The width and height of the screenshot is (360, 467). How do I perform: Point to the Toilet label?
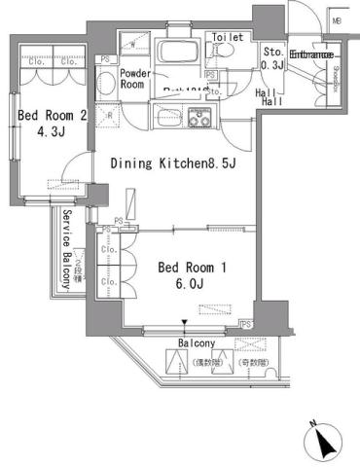coord(228,37)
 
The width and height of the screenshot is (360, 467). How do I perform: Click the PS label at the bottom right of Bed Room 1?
coord(246,323)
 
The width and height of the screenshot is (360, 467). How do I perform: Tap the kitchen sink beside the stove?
coord(170,121)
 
